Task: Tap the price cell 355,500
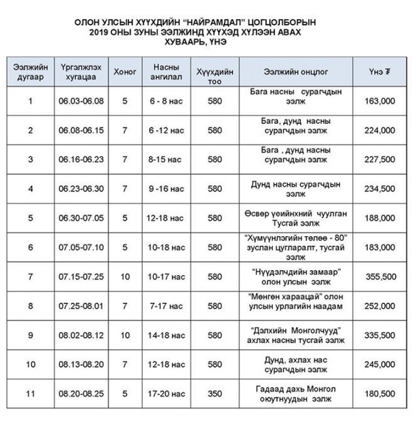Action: click(380, 277)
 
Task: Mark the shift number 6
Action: click(31, 248)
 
